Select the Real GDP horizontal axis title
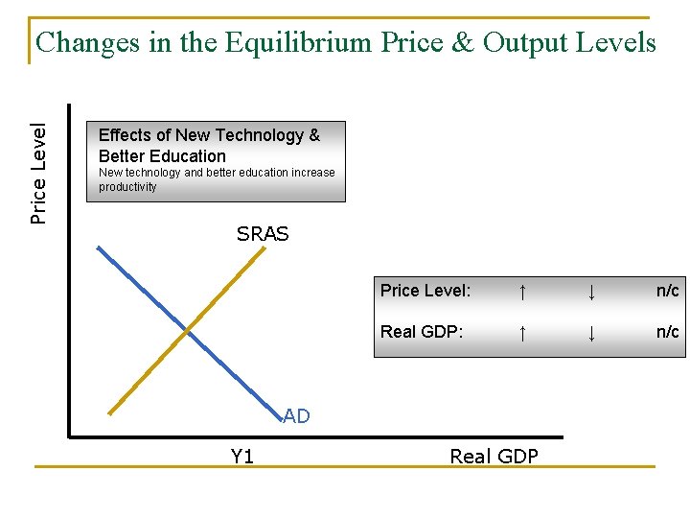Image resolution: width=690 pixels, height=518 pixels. point(494,457)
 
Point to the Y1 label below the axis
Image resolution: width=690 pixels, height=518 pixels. point(242,457)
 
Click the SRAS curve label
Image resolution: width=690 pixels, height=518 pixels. point(263,234)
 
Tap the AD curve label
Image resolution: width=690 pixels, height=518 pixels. point(297,416)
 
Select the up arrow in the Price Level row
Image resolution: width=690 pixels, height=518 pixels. point(521,291)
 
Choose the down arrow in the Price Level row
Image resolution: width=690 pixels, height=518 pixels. point(592,291)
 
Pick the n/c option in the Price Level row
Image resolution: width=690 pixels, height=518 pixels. point(667,291)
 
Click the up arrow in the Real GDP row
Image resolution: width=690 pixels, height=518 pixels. point(521,332)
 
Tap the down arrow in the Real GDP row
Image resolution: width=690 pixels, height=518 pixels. point(592,332)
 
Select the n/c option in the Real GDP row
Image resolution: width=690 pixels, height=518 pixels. point(667,332)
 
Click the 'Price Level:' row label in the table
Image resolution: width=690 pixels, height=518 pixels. point(425,291)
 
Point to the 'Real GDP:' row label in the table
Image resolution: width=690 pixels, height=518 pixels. point(422,332)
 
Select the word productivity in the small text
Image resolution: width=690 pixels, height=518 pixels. point(127,187)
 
